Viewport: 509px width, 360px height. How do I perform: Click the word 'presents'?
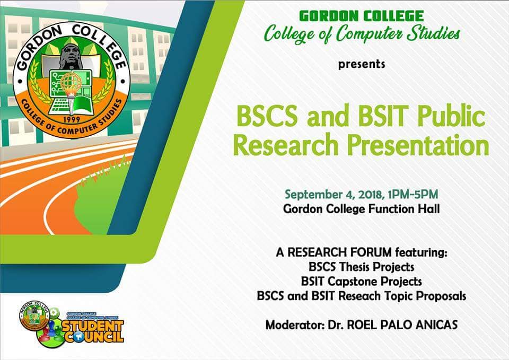[x=362, y=65]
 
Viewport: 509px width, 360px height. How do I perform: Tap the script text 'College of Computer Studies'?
[x=362, y=34]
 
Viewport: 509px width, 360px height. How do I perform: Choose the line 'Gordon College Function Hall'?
[x=362, y=209]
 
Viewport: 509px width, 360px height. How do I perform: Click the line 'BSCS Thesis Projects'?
[x=361, y=267]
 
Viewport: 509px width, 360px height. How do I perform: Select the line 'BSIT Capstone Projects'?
[x=361, y=282]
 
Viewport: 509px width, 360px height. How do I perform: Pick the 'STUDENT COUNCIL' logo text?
[x=92, y=330]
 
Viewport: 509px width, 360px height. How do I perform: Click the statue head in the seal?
[x=69, y=56]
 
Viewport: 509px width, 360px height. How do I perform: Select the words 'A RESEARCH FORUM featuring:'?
[x=361, y=252]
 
